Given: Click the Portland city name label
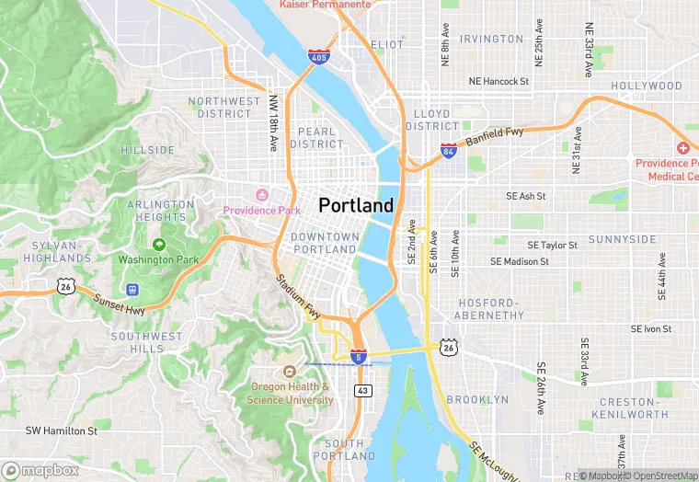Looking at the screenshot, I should pos(356,205).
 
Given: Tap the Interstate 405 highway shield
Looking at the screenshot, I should pos(316,58).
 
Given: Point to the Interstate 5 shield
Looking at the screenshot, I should pos(359,355).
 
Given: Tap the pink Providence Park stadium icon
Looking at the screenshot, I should pos(261,195).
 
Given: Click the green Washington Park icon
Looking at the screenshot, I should pos(159,245).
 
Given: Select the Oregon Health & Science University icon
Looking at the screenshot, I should pos(290,372).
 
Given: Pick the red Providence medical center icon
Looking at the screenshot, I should pos(683,148).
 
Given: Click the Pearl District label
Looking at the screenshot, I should pos(317,138).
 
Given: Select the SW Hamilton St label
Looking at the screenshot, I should pos(61,430).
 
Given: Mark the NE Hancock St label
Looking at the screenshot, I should pos(498,81).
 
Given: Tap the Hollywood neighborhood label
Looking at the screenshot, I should pos(647,86).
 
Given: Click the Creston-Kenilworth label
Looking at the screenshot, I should pos(634,408).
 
